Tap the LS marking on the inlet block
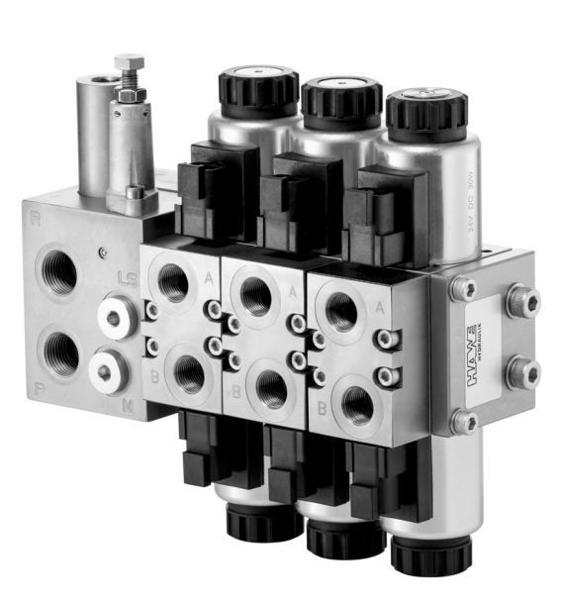[x=126, y=278]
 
